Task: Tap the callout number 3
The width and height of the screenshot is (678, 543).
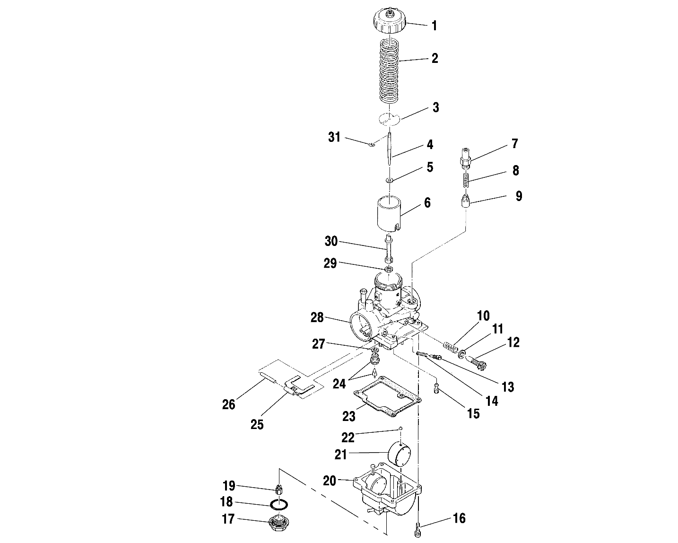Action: [x=435, y=107]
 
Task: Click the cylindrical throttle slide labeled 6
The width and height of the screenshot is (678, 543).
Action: [x=389, y=213]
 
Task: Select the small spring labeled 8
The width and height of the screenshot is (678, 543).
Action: [x=466, y=179]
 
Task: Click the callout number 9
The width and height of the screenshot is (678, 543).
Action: [x=519, y=196]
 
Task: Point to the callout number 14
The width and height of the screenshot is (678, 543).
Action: [x=492, y=401]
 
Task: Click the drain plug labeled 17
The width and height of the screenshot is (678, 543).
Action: [x=278, y=523]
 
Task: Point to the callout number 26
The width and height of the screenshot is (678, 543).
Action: [x=228, y=404]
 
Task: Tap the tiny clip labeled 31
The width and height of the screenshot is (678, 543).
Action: [x=372, y=145]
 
